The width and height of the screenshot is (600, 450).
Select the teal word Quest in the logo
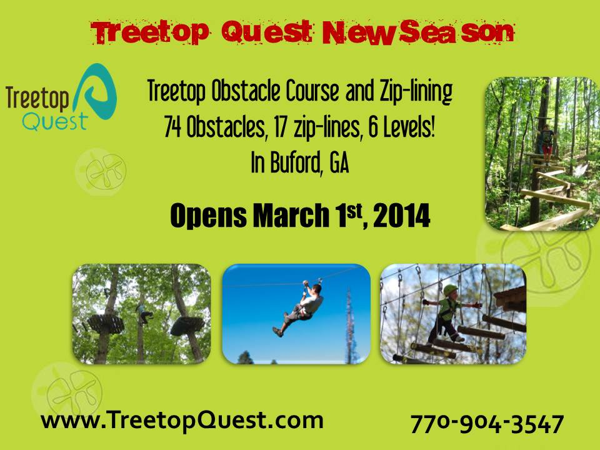tap(56, 122)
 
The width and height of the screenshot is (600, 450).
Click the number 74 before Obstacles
tap(172, 127)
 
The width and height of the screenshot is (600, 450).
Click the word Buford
tap(296, 162)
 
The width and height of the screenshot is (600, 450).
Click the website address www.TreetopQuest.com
tap(182, 420)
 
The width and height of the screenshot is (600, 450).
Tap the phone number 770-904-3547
tap(487, 424)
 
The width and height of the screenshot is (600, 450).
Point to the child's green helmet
tap(451, 290)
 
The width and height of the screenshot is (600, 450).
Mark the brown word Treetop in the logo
tap(37, 99)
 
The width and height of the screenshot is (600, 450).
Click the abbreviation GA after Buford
tap(339, 162)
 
